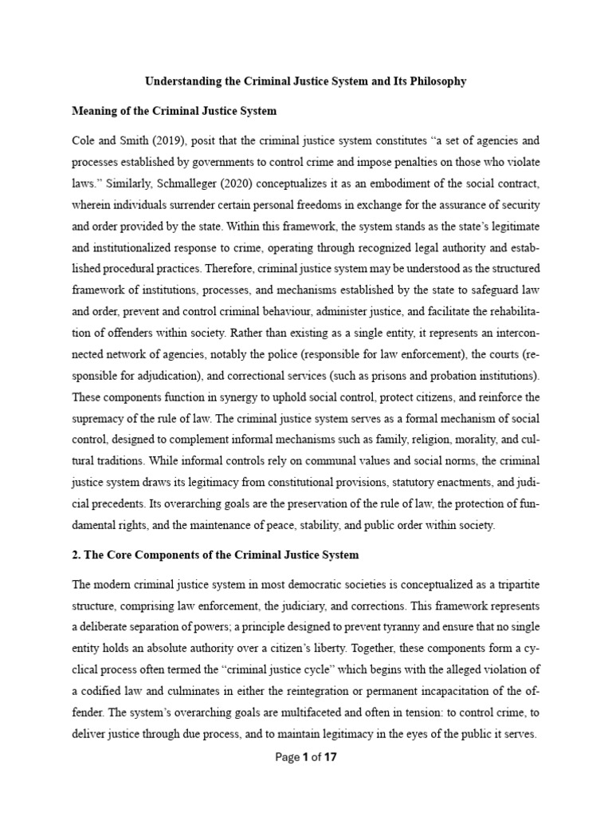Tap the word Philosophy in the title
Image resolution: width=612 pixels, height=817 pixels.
[433, 81]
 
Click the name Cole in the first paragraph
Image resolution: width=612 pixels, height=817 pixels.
[84, 140]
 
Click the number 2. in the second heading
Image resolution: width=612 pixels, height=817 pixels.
[76, 555]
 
